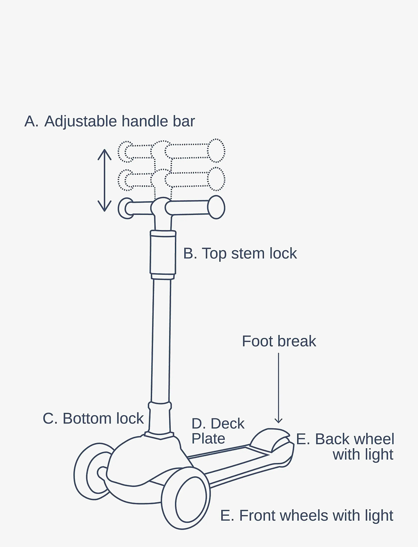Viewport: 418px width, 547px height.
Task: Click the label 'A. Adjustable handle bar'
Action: coord(110,121)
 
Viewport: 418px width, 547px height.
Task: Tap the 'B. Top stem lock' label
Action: coord(240,254)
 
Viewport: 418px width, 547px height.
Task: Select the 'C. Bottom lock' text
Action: coord(93,419)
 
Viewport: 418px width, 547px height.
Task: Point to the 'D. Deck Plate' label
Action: coord(218,431)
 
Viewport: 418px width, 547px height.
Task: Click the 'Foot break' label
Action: coord(279,341)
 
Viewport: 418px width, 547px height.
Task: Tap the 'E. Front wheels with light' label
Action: coord(306,515)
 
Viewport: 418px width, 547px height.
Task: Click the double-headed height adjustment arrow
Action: coord(104,180)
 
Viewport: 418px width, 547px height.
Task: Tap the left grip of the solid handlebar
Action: coord(126,209)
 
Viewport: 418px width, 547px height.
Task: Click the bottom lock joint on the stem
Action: coord(159,418)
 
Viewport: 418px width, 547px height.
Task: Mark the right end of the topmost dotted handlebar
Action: coord(216,151)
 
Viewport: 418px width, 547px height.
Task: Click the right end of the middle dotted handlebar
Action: coord(216,179)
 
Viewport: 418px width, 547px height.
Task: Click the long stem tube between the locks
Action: coord(161,338)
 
